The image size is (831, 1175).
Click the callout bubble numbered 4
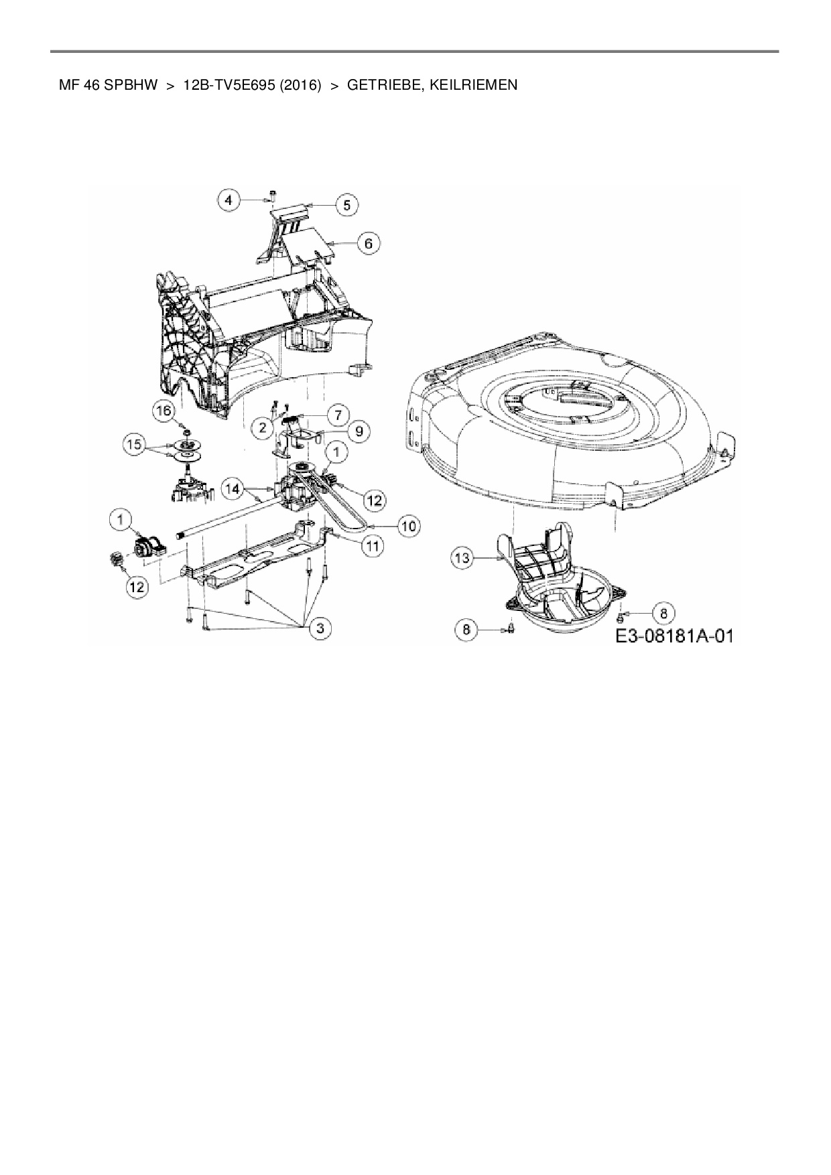[230, 200]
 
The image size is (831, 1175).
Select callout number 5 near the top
[346, 204]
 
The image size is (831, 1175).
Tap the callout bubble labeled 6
[369, 243]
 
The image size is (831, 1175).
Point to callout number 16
[165, 411]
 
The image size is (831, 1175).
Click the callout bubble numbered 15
[135, 444]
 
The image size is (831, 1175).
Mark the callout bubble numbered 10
[409, 526]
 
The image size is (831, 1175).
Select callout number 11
[373, 547]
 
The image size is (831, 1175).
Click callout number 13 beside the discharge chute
[464, 557]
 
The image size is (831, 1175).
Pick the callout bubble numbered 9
[359, 431]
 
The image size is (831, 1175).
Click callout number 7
[338, 414]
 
